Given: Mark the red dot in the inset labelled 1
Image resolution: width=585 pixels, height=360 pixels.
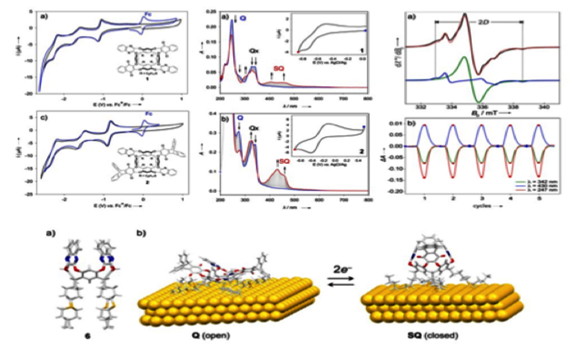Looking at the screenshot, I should (298, 51).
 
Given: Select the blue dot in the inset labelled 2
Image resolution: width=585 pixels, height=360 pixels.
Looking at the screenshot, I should (364, 127).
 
